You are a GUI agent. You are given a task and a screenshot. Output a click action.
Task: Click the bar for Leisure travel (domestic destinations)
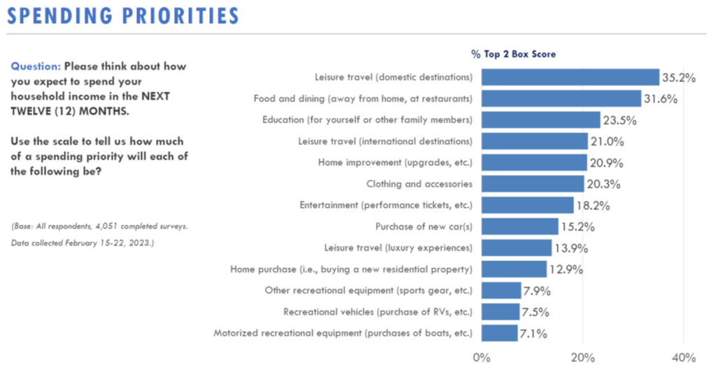[x=570, y=77]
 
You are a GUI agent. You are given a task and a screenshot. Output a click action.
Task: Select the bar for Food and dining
[x=561, y=99]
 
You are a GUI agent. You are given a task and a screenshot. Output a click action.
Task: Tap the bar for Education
[x=541, y=120]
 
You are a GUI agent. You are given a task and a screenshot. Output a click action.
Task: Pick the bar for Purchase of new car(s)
[x=520, y=227]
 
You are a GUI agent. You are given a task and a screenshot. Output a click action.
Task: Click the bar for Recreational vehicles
[x=501, y=311]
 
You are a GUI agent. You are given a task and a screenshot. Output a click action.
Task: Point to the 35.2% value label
[x=678, y=78]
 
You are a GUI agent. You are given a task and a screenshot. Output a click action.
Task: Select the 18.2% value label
[x=592, y=206]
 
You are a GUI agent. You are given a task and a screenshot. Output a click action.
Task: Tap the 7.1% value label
[x=533, y=334]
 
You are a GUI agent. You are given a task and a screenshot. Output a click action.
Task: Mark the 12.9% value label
[x=565, y=269]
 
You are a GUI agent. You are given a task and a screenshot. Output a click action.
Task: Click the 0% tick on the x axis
[x=482, y=358]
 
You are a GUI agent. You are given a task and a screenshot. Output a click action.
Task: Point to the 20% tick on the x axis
[x=583, y=358]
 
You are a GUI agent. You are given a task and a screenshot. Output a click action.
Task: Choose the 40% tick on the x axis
[x=684, y=358]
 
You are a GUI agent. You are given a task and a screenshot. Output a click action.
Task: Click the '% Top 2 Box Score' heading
[x=513, y=54]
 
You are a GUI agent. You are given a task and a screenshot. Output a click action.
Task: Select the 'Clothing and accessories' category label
[x=419, y=184]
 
